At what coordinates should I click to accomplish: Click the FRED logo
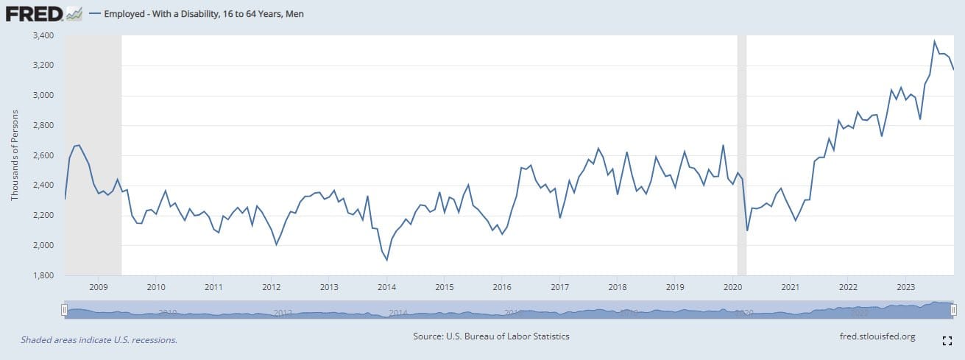[34, 13]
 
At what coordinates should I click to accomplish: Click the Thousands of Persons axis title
[15, 155]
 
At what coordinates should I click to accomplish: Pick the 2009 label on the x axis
[98, 286]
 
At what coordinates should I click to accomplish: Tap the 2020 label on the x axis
[732, 286]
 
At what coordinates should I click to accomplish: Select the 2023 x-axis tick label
[905, 286]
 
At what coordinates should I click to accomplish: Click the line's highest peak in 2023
[934, 41]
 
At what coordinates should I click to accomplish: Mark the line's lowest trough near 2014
[387, 260]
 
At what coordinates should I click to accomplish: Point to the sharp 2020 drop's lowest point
[747, 230]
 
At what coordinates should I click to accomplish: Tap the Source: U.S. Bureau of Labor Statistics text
[492, 336]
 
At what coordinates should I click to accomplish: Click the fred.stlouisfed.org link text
[877, 336]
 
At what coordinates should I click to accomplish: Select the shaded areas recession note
[99, 340]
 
